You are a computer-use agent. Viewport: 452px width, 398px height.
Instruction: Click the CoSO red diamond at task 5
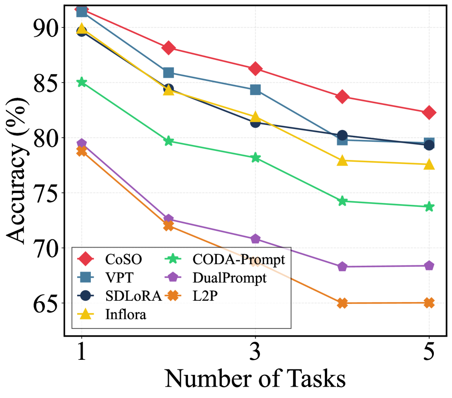429,113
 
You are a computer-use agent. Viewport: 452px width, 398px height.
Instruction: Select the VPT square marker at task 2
168,73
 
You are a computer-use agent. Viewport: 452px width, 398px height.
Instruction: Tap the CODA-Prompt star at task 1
82,82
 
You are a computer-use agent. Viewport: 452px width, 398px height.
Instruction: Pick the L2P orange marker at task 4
342,303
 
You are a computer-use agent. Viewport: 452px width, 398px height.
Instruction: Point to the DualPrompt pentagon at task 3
255,239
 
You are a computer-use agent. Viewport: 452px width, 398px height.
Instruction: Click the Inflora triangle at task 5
429,164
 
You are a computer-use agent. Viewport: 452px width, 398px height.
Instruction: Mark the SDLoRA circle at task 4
342,135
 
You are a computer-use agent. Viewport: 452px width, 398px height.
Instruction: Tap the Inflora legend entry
126,313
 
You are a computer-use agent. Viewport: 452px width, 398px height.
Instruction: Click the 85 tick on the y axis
45,83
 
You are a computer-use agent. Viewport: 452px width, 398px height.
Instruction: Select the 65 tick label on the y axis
45,303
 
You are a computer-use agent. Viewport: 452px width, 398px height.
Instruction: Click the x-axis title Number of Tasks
255,378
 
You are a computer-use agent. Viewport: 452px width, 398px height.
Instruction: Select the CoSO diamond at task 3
255,69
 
